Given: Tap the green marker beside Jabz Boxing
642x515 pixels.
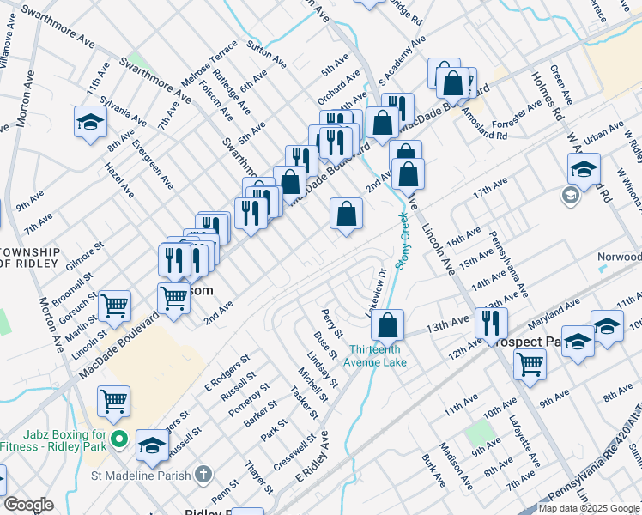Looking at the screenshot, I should pyautogui.click(x=120, y=441).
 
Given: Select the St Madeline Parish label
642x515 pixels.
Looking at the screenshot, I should pyautogui.click(x=143, y=474).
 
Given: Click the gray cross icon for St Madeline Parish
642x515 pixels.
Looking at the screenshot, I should pyautogui.click(x=203, y=473).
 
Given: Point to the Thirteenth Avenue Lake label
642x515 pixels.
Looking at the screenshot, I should pyautogui.click(x=379, y=355).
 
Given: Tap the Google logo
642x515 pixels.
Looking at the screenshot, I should pyautogui.click(x=28, y=505).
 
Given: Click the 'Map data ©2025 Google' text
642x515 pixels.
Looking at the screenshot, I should pyautogui.click(x=590, y=508).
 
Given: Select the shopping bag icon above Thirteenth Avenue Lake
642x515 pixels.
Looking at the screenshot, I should pyautogui.click(x=388, y=325).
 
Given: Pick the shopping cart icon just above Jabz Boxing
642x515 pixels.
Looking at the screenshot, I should pyautogui.click(x=114, y=399).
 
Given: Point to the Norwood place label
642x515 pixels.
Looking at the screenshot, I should pyautogui.click(x=621, y=257).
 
